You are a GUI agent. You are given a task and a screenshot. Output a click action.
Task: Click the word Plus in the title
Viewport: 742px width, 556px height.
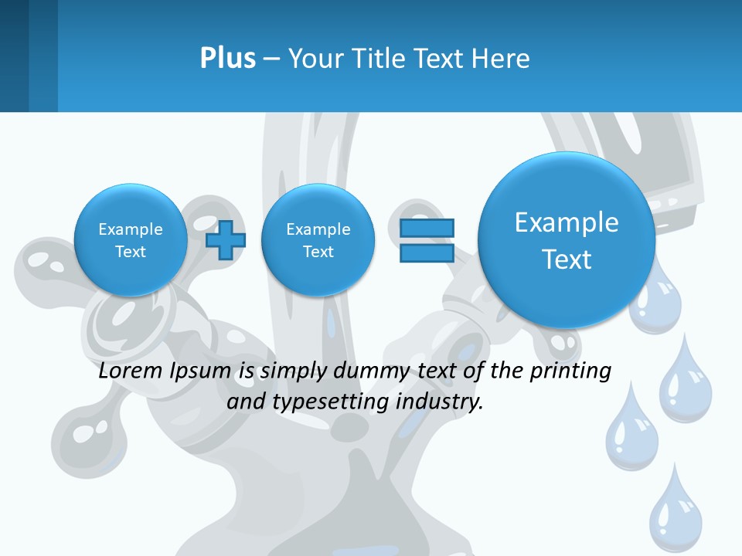point(227,59)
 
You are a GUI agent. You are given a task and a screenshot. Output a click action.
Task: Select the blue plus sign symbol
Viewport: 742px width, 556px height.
point(225,240)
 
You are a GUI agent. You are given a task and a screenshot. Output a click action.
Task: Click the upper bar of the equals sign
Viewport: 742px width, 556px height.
point(427,228)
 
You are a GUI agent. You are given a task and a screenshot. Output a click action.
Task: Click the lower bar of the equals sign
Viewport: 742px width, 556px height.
point(427,253)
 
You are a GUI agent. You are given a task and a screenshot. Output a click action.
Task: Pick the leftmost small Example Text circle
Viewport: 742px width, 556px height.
point(131,240)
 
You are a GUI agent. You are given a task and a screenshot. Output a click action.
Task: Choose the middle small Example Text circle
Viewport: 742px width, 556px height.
point(318,240)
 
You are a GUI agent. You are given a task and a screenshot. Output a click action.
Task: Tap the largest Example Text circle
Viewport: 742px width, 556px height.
point(567,240)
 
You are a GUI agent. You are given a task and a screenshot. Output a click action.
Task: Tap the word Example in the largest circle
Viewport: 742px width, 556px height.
point(567,222)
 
